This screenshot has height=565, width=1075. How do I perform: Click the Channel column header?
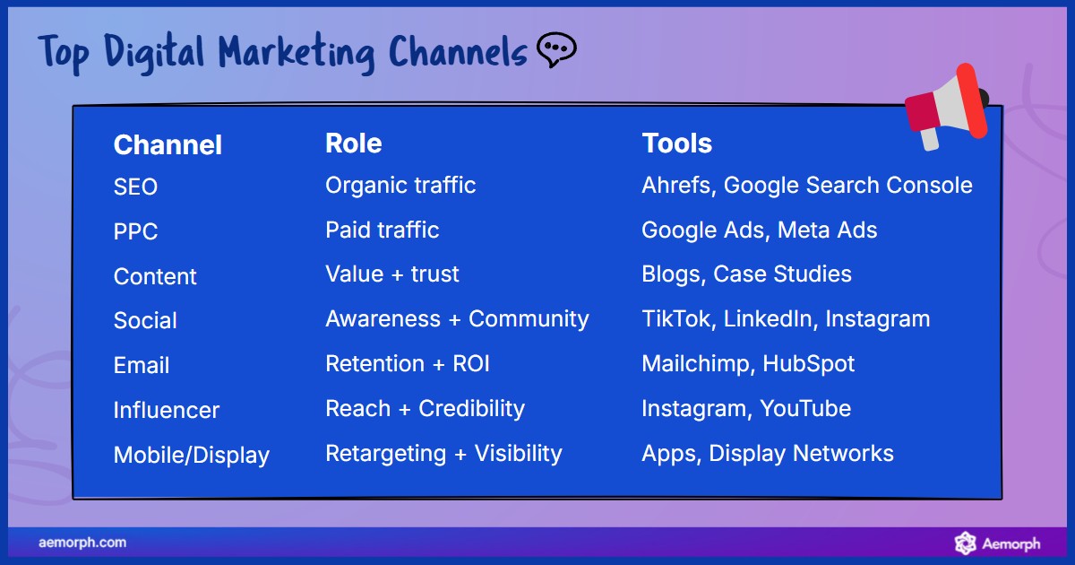point(168,145)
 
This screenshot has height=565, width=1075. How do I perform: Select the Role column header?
point(353,143)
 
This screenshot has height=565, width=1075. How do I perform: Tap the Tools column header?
point(676,143)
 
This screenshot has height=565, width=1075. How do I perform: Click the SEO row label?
point(135,187)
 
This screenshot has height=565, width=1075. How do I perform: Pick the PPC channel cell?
point(135,232)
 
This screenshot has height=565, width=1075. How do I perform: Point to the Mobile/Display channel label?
point(191,456)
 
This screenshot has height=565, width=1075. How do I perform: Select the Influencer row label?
point(166,411)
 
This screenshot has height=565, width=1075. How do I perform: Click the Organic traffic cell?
point(400,186)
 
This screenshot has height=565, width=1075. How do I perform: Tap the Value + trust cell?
point(391,274)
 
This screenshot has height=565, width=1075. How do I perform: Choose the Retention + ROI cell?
point(407,364)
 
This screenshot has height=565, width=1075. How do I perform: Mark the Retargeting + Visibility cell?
point(443,454)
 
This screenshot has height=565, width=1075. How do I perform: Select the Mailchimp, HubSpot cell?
point(748,364)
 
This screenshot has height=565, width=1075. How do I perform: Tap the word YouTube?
point(805,409)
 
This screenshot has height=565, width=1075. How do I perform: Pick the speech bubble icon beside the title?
point(555,50)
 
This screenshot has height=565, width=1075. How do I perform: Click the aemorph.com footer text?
point(82,543)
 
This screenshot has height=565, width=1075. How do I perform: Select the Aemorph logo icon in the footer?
point(965,543)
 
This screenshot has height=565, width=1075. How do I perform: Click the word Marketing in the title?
point(297,54)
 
